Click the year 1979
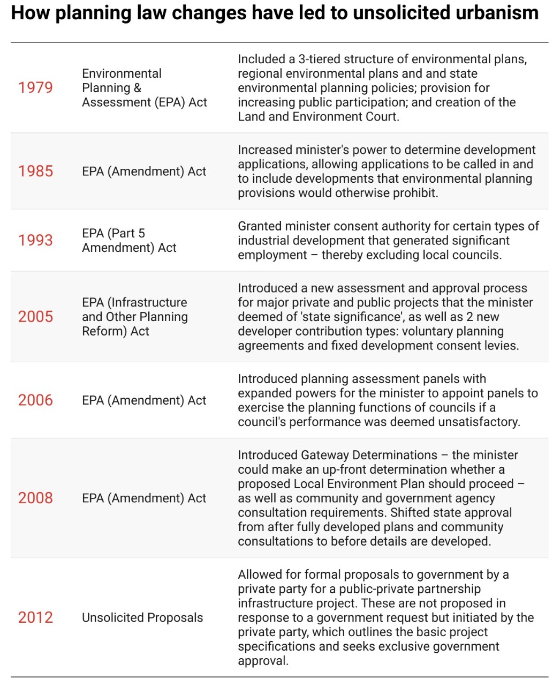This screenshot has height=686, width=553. (x=35, y=87)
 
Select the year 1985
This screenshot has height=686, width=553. (x=35, y=171)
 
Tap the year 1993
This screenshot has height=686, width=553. (x=35, y=240)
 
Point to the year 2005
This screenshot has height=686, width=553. (x=35, y=316)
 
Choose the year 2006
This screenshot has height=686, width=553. (x=35, y=400)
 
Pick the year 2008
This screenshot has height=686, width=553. (x=35, y=498)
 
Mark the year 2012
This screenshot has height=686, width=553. (x=35, y=617)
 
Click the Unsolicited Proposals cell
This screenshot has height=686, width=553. (x=142, y=617)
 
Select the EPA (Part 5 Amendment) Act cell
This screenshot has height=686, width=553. (x=129, y=240)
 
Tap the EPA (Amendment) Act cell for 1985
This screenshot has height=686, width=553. (x=144, y=171)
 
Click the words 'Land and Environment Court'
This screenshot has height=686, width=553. (x=318, y=116)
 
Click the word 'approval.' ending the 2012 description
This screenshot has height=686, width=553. (x=263, y=661)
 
